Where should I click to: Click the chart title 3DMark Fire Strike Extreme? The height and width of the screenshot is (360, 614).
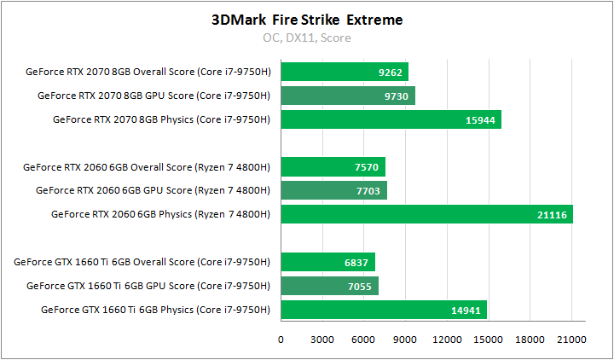point(306,19)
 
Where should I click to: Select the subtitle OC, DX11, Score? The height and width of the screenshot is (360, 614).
point(306,38)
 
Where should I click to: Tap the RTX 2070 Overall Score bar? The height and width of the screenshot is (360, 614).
point(345,72)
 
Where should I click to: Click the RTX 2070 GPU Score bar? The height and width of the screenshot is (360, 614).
point(348,96)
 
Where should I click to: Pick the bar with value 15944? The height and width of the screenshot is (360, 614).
point(391,119)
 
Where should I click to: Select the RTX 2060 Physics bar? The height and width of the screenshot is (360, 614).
point(426,214)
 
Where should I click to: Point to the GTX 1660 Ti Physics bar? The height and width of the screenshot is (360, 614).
point(384,310)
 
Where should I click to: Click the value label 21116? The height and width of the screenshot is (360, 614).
point(553,215)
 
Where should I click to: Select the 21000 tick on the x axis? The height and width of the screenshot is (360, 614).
point(571,340)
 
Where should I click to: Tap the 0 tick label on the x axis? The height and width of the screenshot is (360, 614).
point(281,340)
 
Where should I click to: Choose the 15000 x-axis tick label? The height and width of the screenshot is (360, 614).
point(488,340)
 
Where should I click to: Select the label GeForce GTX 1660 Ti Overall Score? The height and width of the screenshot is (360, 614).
point(148,262)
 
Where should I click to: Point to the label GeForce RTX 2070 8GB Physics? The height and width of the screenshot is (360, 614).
point(162,119)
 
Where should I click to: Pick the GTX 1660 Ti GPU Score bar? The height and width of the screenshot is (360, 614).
point(329,286)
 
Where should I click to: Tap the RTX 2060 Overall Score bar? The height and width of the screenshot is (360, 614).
point(333,166)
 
